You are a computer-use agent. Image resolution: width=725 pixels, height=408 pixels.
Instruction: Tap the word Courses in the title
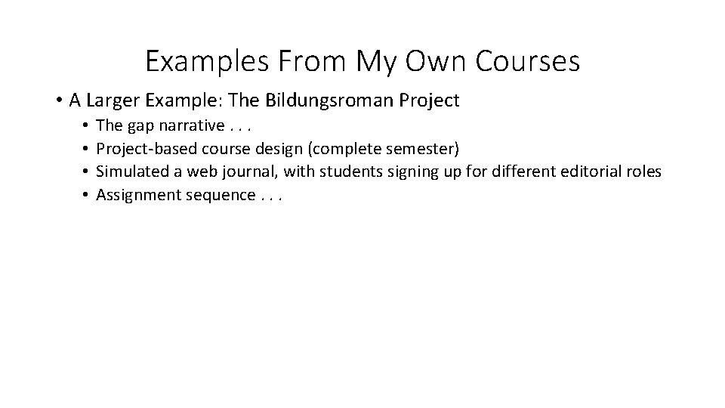click(528, 61)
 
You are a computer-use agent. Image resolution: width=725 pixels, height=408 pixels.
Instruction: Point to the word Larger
click(114, 100)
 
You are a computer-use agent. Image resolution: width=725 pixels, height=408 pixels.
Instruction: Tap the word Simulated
click(131, 172)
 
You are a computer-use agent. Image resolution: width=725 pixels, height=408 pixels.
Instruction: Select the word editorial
click(587, 172)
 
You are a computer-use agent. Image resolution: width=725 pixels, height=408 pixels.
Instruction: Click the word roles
click(642, 172)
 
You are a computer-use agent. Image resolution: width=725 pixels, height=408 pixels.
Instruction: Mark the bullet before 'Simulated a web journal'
click(88, 172)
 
